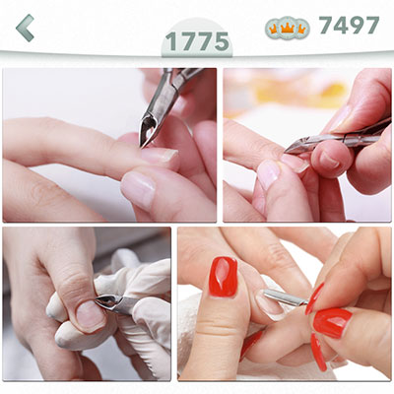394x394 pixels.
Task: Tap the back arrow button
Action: click(x=25, y=28)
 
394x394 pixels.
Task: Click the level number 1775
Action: click(x=197, y=41)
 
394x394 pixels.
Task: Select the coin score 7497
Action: click(x=349, y=26)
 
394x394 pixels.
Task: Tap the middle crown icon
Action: click(x=288, y=29)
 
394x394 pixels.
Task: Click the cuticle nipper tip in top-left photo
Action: click(x=142, y=145)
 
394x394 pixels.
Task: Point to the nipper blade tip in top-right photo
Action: click(x=287, y=151)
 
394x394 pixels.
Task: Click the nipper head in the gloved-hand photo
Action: click(x=108, y=302)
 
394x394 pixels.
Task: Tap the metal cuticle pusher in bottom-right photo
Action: click(x=285, y=297)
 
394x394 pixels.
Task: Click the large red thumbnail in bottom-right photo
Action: click(x=224, y=277)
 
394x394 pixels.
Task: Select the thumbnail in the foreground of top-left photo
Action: click(x=138, y=190)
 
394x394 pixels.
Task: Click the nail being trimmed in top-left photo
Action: click(x=161, y=155)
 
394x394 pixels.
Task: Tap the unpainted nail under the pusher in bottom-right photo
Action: click(x=270, y=305)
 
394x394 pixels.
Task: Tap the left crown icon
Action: click(x=273, y=29)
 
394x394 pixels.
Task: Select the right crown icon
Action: click(x=301, y=29)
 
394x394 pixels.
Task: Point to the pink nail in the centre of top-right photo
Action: click(x=268, y=174)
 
